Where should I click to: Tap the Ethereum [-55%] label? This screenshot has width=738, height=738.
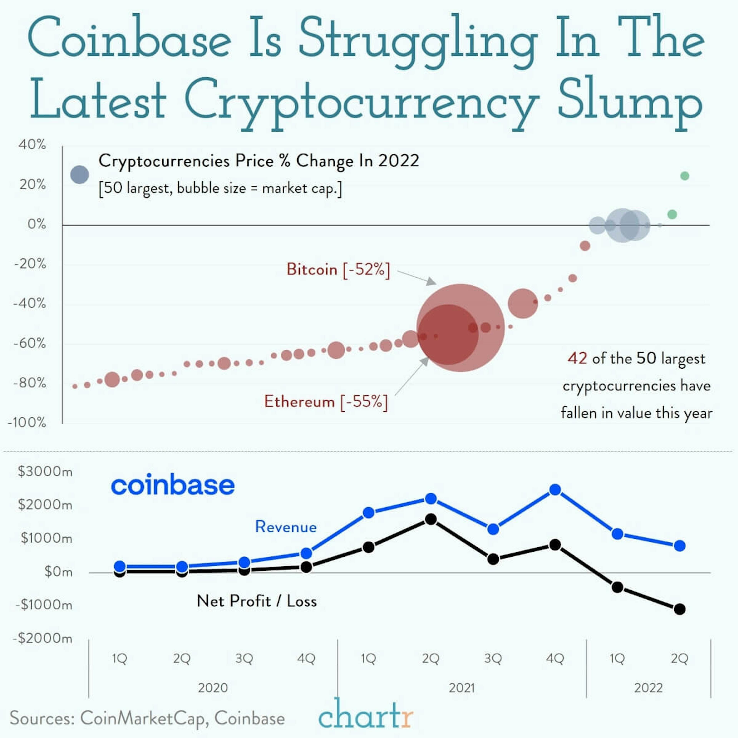pos(326,402)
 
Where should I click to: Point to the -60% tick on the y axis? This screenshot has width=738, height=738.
pos(30,343)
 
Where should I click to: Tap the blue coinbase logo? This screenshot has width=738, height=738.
pos(173,485)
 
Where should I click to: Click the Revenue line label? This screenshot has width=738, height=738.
pos(286,527)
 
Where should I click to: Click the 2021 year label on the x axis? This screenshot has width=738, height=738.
pos(461,688)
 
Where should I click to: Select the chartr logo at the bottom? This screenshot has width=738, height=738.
pos(366,715)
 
